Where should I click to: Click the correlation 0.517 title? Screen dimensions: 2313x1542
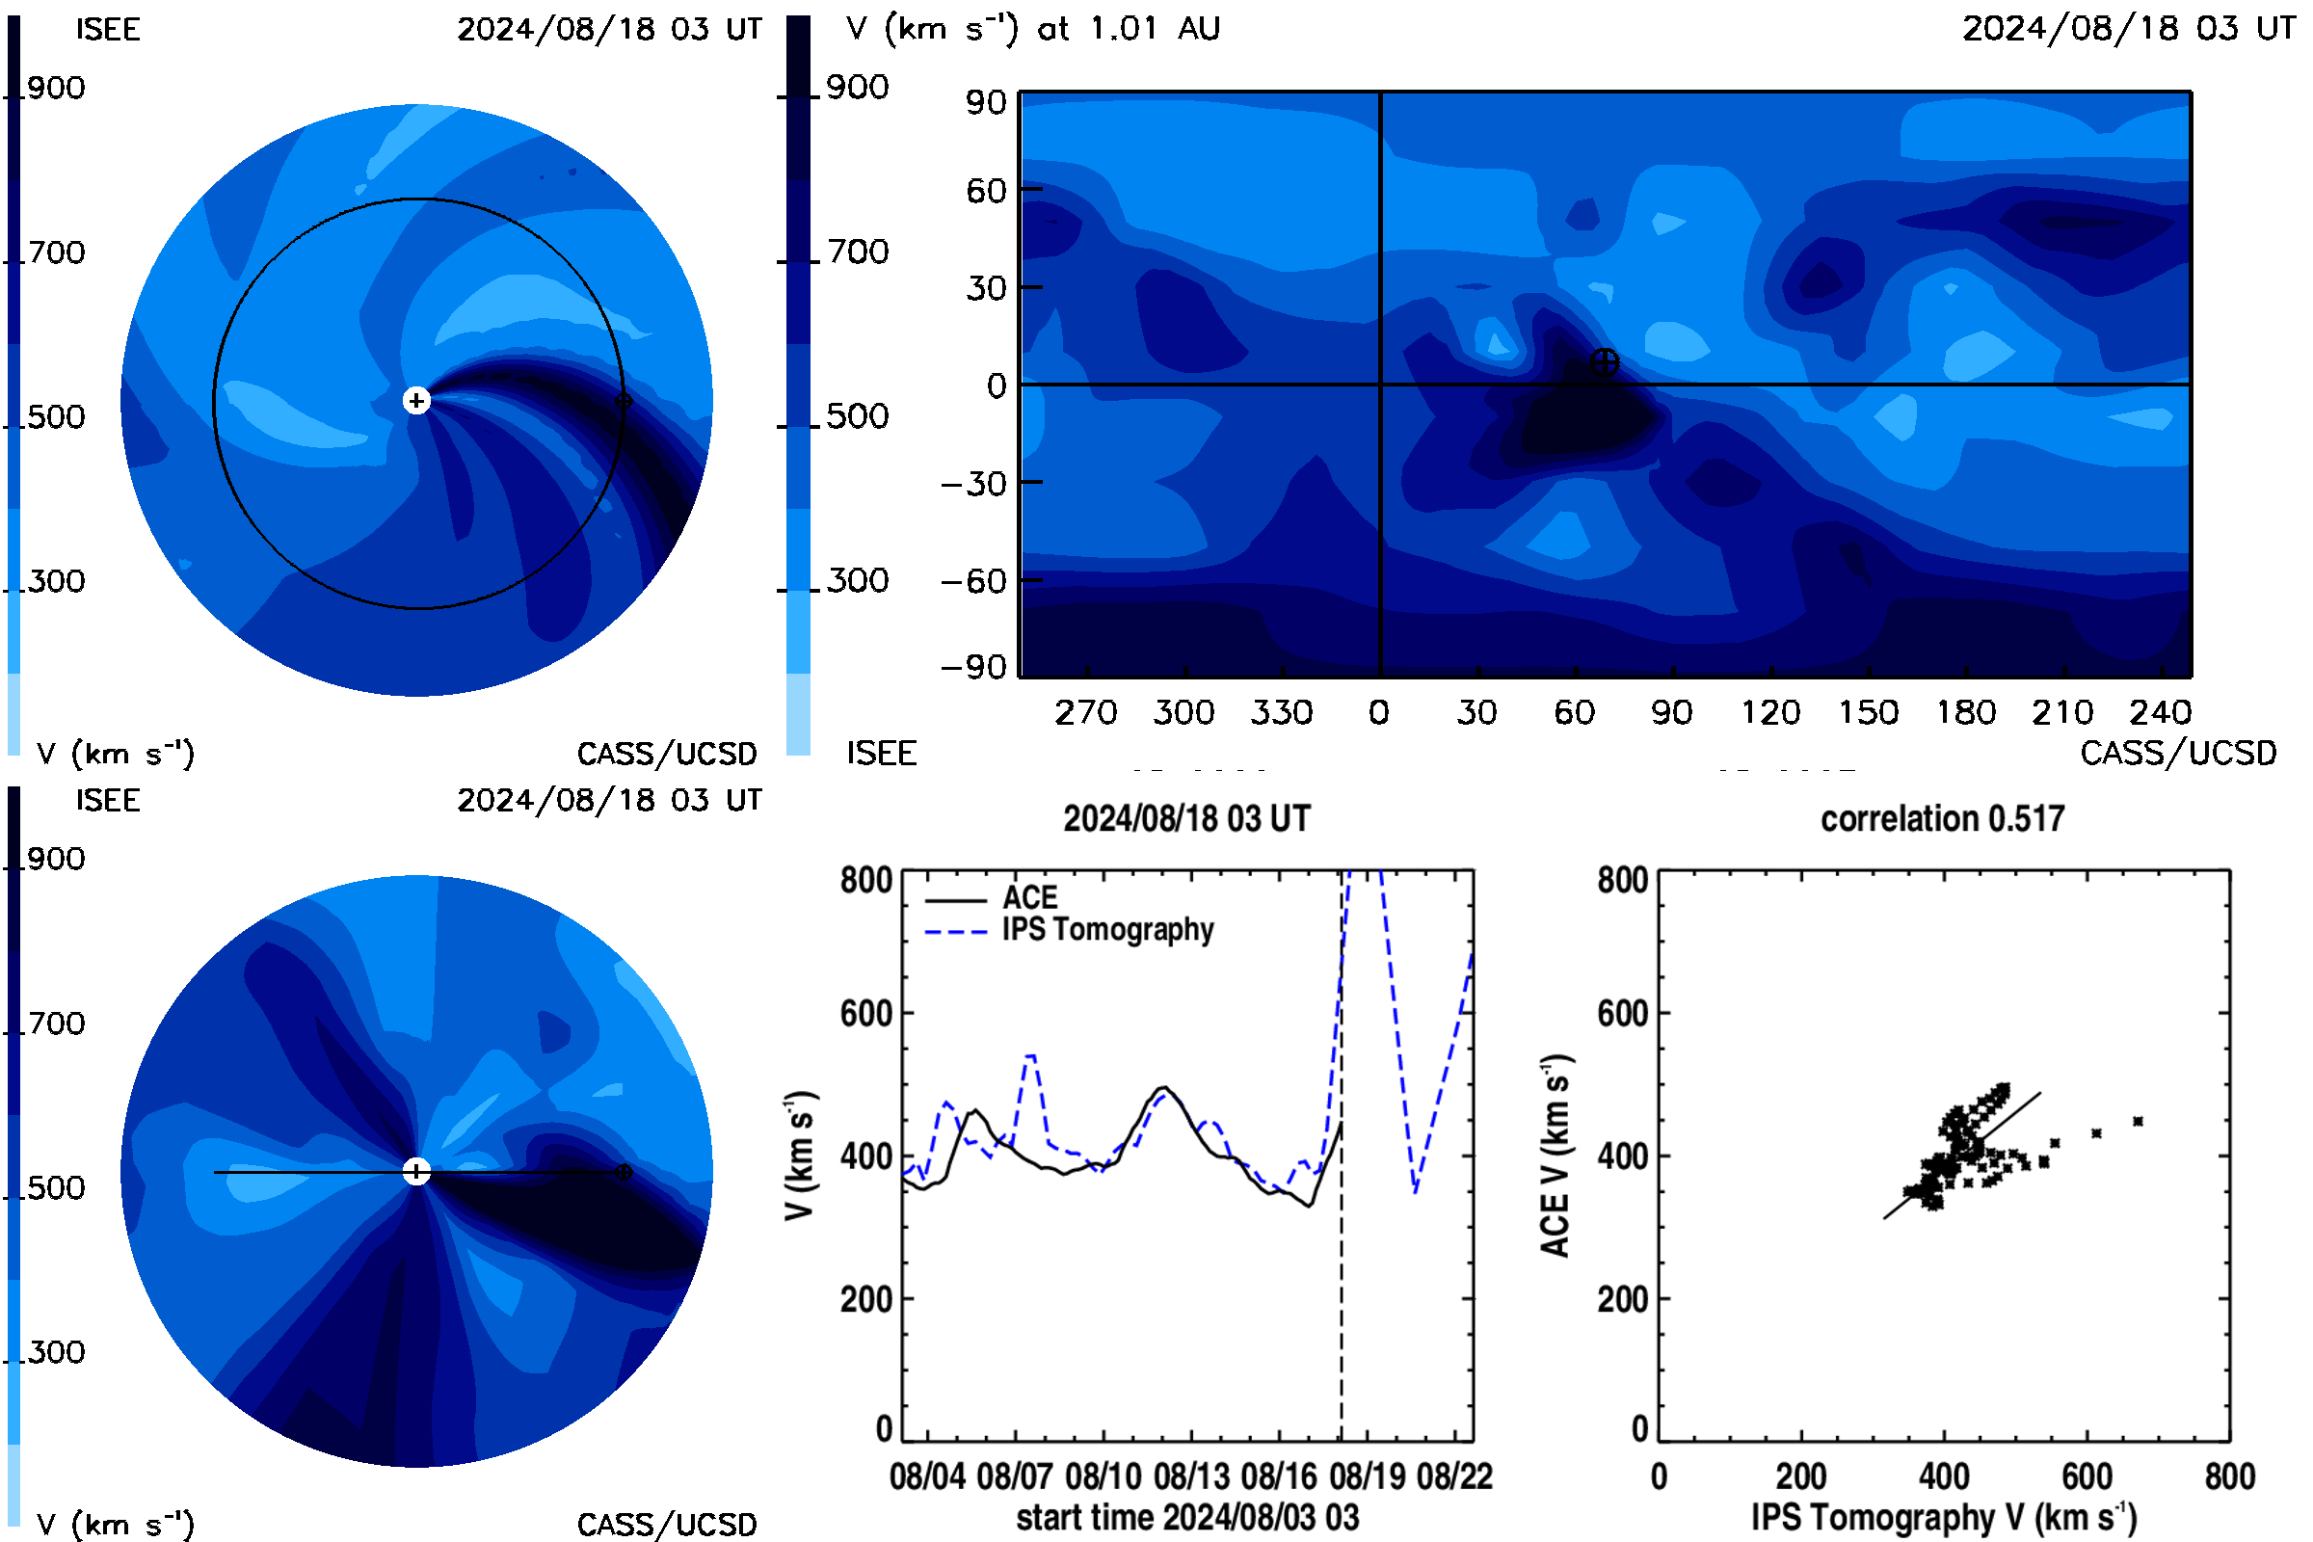[1941, 818]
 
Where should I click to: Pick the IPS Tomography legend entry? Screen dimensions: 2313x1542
[1069, 930]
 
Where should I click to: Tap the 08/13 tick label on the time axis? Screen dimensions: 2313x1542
[1191, 1476]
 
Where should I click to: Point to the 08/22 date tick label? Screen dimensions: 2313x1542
[1454, 1476]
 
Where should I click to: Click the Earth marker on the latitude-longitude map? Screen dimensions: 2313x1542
[1604, 362]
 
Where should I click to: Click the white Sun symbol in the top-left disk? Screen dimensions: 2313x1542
[417, 400]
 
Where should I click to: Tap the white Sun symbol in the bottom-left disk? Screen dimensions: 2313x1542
[417, 1171]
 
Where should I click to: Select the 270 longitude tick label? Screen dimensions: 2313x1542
[1086, 712]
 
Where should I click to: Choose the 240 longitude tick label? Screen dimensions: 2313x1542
[2161, 712]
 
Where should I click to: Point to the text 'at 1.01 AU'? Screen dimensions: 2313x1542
[1129, 29]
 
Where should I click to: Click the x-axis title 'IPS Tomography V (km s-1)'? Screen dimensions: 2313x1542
[1944, 1517]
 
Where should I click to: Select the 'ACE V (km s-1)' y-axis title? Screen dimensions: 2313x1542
[1555, 1156]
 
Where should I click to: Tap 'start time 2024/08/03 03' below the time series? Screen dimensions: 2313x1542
[1188, 1517]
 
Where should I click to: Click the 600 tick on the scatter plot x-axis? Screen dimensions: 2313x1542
[2087, 1476]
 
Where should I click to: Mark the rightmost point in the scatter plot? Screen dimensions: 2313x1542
[2138, 1121]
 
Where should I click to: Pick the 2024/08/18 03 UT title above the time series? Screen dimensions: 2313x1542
[1187, 818]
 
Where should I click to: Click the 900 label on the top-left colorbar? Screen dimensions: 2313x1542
[56, 88]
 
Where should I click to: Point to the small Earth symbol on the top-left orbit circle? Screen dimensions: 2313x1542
[623, 401]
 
